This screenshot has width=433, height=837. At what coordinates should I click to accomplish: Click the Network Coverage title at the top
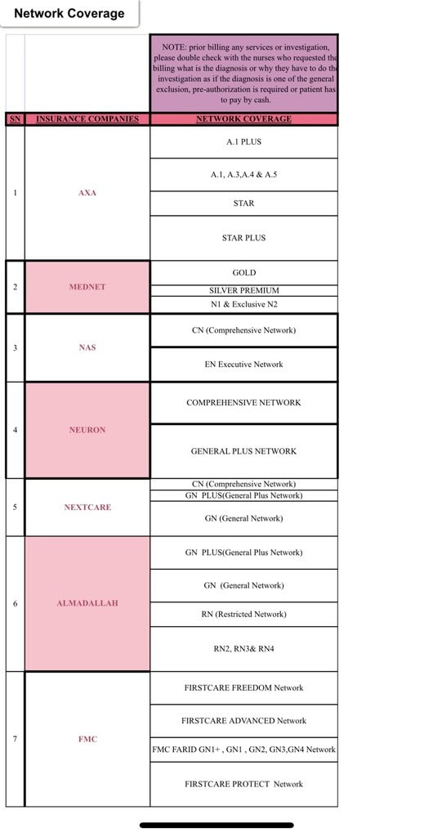tap(69, 13)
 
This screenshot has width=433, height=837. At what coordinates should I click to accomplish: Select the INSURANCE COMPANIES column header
tap(87, 119)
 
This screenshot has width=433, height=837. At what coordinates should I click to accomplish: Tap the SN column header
tap(15, 119)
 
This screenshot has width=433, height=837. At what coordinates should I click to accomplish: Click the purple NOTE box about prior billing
tap(243, 73)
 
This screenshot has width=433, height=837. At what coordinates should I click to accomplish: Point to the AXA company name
tap(87, 193)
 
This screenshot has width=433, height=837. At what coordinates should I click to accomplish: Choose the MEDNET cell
tap(87, 287)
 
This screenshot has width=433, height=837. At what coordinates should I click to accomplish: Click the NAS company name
tap(87, 347)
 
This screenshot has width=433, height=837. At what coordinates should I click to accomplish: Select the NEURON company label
tap(87, 430)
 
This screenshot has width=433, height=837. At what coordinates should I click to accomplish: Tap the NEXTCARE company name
tap(87, 507)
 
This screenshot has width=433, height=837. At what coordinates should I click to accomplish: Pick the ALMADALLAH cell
tap(87, 603)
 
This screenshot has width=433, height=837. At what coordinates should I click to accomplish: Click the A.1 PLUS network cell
tap(243, 142)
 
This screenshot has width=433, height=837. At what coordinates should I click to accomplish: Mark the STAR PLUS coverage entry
tap(243, 238)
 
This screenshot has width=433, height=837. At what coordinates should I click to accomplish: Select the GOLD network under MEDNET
tap(243, 273)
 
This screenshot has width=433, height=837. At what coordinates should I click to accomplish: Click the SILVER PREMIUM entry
tap(243, 290)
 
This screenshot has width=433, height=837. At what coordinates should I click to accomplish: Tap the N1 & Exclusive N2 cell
tap(243, 304)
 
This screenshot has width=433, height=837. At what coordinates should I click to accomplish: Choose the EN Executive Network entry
tap(243, 364)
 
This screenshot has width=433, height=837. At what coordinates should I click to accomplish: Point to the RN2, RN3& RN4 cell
tap(243, 648)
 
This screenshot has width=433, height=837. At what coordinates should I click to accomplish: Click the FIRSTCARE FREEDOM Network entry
tap(243, 688)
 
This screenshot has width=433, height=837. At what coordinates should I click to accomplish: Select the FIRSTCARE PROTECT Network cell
tap(243, 784)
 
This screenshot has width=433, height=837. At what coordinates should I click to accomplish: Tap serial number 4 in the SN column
tap(15, 430)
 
